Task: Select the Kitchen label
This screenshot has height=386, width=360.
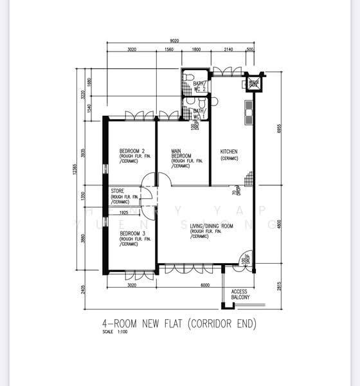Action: (229, 152)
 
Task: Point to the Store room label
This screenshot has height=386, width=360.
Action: (118, 191)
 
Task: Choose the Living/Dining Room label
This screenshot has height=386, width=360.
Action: (212, 226)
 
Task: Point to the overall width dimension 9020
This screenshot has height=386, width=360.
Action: (174, 41)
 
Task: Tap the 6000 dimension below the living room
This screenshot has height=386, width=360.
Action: (205, 284)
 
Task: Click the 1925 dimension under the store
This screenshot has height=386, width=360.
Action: (123, 212)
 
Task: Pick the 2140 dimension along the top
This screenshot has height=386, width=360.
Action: (228, 49)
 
